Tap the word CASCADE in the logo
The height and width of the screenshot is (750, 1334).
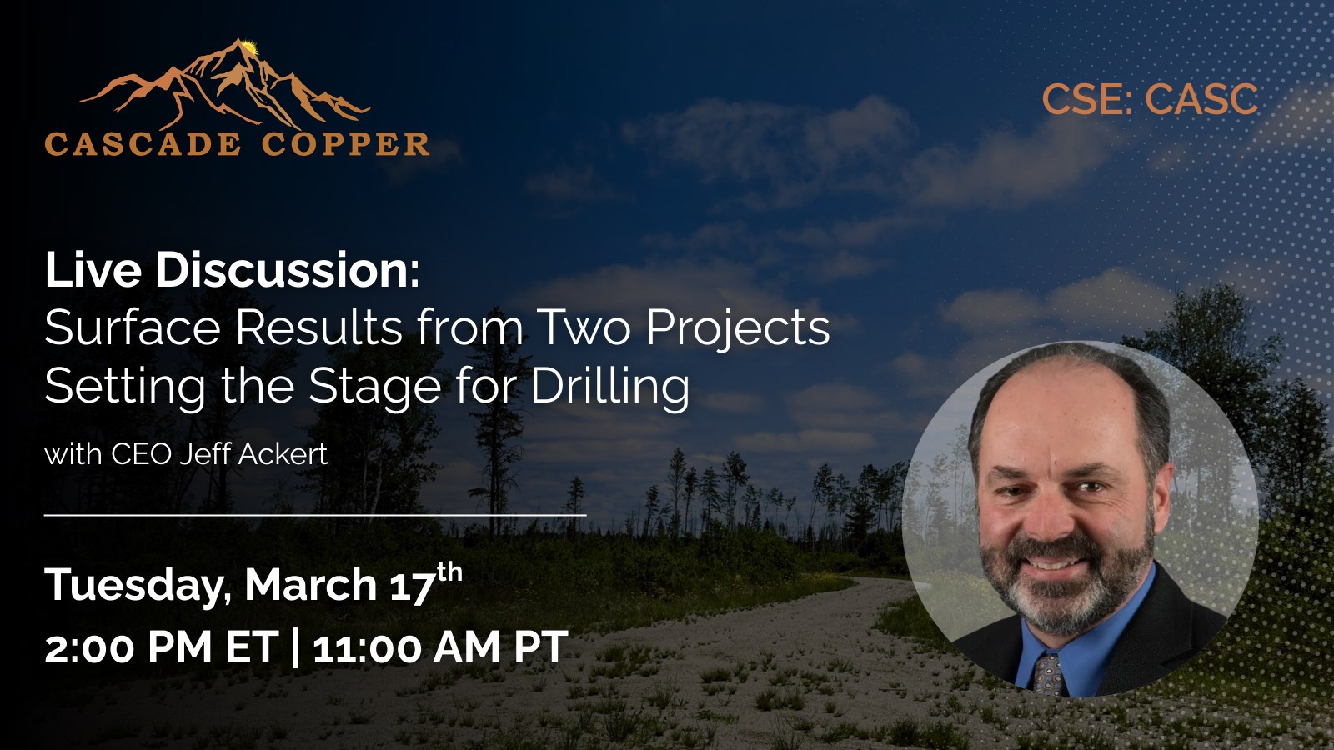[143, 145]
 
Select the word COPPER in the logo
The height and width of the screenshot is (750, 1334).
[345, 145]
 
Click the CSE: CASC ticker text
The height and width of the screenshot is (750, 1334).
[1150, 99]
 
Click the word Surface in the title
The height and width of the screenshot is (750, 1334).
[133, 327]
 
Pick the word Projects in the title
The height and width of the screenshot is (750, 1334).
[738, 329]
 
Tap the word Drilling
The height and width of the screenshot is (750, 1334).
[609, 387]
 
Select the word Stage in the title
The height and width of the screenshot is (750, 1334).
[374, 387]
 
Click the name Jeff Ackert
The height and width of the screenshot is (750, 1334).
[253, 454]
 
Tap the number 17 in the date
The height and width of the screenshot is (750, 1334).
[412, 586]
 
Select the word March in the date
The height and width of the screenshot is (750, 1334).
[310, 584]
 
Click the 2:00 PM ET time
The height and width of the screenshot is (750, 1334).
[162, 647]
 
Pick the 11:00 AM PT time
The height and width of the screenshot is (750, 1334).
[441, 647]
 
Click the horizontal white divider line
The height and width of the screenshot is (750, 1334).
[315, 515]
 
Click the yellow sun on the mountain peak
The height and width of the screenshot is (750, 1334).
[249, 47]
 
